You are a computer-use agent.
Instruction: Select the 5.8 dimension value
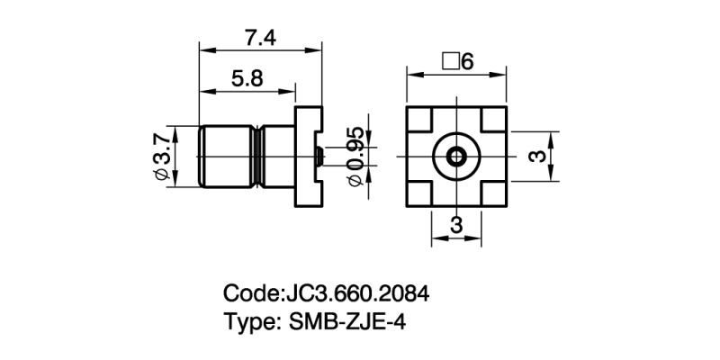pyautogui.click(x=246, y=78)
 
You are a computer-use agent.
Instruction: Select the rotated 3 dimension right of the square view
pyautogui.click(x=536, y=157)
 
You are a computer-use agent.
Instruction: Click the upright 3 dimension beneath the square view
pyautogui.click(x=455, y=225)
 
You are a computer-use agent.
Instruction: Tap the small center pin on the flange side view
pyautogui.click(x=319, y=157)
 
